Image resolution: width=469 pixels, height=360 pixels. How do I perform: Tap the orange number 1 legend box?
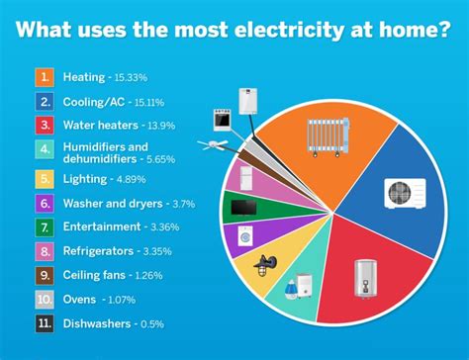(45, 76)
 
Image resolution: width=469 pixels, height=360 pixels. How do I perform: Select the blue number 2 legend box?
(45, 101)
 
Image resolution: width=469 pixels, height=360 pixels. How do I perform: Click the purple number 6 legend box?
(45, 204)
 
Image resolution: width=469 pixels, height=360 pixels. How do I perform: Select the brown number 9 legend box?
(45, 275)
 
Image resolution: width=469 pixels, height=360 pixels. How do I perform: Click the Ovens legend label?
(79, 300)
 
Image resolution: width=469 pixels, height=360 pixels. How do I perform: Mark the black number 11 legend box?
(45, 323)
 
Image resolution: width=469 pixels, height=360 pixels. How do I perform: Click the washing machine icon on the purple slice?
(244, 237)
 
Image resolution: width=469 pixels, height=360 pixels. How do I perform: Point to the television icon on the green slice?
(242, 208)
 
